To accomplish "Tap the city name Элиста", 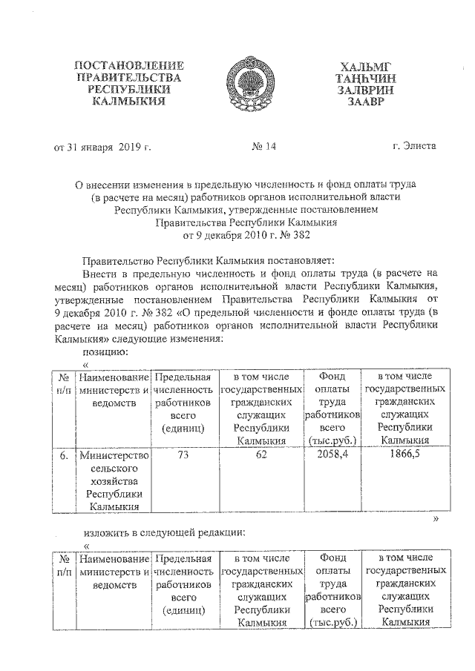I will (420, 146).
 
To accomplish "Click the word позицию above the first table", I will (105, 351).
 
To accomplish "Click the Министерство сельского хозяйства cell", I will (114, 481).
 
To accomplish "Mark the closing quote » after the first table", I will (436, 520).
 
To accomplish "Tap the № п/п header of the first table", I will (65, 383).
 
